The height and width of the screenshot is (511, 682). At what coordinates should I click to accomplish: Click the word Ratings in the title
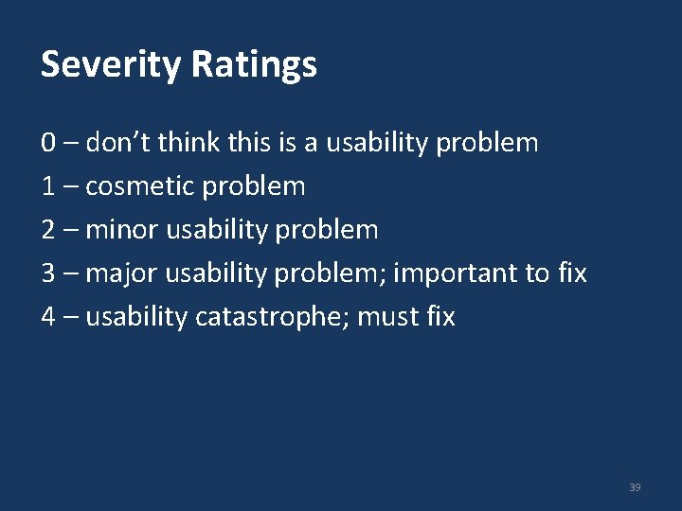click(x=254, y=65)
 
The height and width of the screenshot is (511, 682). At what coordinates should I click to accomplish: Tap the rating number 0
click(x=48, y=143)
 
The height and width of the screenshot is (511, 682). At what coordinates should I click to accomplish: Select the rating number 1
click(x=48, y=186)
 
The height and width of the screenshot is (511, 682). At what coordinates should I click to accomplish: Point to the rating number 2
click(x=48, y=230)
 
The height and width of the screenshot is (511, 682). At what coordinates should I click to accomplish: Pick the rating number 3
click(x=48, y=273)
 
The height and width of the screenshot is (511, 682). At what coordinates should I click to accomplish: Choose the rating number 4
click(x=48, y=317)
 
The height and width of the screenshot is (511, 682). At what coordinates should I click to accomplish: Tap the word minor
click(x=121, y=230)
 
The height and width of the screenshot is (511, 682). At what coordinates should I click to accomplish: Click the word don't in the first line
click(x=117, y=143)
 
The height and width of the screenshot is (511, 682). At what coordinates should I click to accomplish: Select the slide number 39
click(x=635, y=487)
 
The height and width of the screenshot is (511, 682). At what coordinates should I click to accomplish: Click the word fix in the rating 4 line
click(x=440, y=317)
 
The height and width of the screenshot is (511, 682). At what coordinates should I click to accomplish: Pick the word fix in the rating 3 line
click(x=572, y=273)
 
